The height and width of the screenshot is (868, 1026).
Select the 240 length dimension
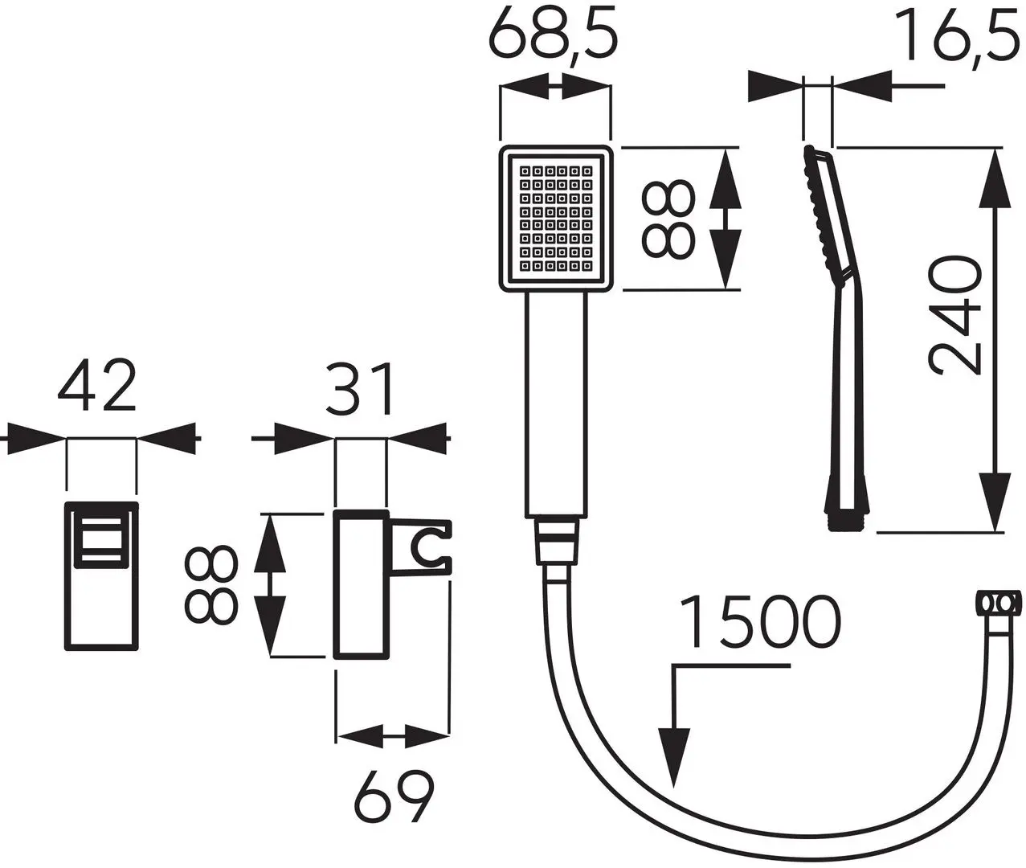(x=954, y=315)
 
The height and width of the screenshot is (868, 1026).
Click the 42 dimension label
(x=96, y=387)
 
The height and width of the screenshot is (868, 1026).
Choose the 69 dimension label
(x=393, y=795)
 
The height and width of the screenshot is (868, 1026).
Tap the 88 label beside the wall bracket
(x=211, y=586)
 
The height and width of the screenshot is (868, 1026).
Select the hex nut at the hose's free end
(x=1000, y=603)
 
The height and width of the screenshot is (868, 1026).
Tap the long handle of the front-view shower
(x=556, y=402)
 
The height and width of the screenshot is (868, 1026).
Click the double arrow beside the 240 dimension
(x=995, y=338)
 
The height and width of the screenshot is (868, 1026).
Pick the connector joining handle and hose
(x=556, y=542)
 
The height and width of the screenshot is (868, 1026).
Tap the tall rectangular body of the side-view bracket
(x=362, y=584)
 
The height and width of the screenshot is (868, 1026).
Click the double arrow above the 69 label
(x=393, y=735)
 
